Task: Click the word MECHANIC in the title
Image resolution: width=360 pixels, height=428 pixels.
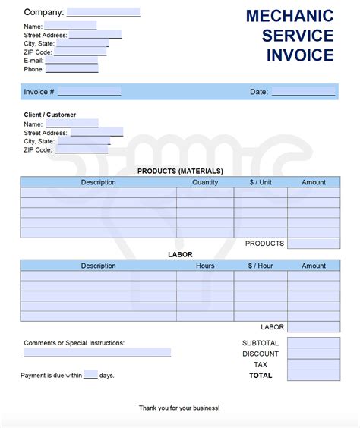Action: point(289,16)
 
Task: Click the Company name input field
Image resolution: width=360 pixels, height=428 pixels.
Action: point(103,12)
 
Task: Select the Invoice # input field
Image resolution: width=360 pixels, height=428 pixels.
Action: point(89,92)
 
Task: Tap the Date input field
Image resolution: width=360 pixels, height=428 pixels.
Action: point(303,92)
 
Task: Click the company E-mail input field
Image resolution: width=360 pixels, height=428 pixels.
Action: point(71,60)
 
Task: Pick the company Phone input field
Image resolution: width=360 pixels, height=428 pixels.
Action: point(71,69)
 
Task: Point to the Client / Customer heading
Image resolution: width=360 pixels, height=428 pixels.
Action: point(50,115)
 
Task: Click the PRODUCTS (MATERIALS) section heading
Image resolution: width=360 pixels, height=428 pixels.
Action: point(180,171)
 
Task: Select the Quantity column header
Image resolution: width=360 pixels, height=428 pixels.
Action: point(205,182)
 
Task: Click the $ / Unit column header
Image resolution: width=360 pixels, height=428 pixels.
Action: point(260,182)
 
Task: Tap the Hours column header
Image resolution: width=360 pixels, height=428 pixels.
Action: point(205,266)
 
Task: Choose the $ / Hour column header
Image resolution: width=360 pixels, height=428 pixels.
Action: point(260,266)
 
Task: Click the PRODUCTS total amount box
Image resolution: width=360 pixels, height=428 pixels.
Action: point(314,244)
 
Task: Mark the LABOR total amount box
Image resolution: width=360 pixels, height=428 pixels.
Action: point(314,327)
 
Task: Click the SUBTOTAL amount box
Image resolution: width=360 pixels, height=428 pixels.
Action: point(314,343)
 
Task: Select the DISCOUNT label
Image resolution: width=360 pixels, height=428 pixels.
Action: point(261,354)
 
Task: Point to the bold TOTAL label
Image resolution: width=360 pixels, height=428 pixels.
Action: point(261,375)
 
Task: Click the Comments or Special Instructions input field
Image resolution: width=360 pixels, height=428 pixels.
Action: point(97,353)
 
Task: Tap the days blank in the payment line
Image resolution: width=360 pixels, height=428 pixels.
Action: point(90,375)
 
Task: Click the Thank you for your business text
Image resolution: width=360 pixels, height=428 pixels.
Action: point(179,408)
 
